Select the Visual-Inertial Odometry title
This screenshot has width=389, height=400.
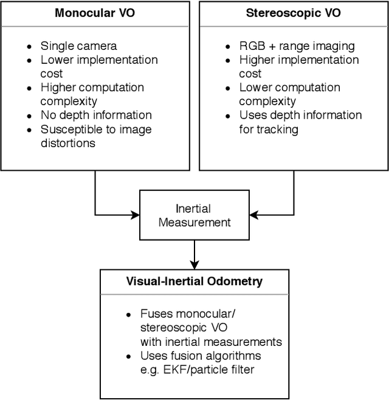(x=194, y=281)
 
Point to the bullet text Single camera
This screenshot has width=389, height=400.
(x=78, y=46)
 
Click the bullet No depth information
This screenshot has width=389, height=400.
(x=96, y=115)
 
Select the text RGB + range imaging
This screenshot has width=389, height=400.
(x=297, y=46)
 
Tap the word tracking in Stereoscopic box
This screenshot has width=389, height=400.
(x=278, y=129)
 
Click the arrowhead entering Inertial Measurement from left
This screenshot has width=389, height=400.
(x=136, y=214)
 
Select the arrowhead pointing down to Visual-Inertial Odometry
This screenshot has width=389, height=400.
(x=194, y=264)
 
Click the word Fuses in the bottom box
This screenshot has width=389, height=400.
(x=156, y=314)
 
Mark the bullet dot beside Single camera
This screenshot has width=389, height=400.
(x=29, y=46)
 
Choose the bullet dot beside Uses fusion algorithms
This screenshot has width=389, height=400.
(x=128, y=356)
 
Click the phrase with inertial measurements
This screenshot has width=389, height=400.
(x=211, y=342)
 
